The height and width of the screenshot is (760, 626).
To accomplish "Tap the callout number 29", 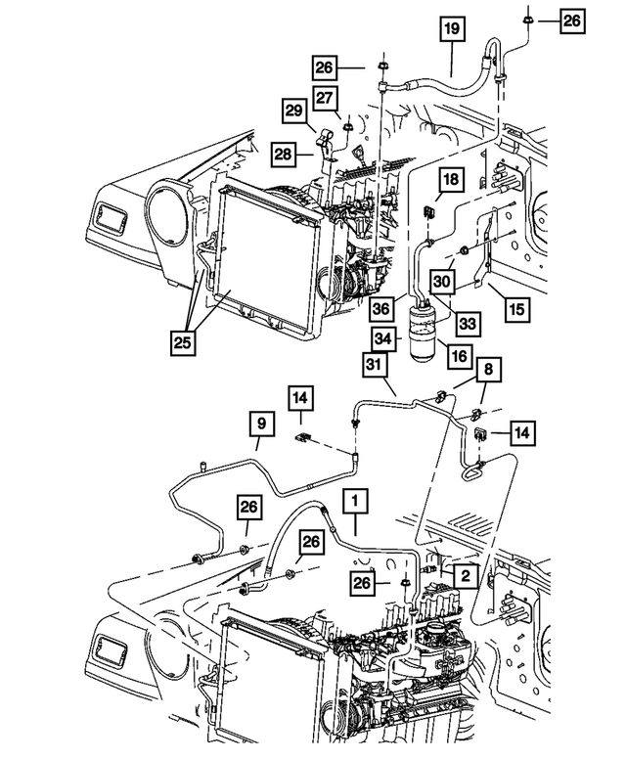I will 294,112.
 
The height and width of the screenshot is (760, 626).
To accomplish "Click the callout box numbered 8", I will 488,370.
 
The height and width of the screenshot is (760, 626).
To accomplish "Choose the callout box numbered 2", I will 467,577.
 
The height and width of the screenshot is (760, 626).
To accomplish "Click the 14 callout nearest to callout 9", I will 300,398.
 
